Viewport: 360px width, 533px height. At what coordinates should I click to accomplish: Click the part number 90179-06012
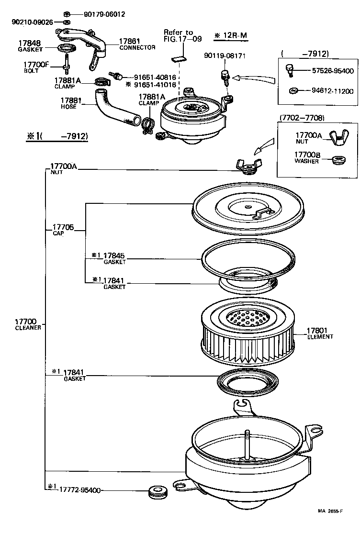(104, 14)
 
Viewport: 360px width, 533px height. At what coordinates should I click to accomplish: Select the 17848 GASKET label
(30, 46)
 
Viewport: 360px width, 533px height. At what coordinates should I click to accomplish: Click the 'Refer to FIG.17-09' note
(178, 36)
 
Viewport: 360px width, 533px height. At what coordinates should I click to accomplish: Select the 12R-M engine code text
(231, 35)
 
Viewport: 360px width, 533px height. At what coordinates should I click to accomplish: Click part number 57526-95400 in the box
(333, 71)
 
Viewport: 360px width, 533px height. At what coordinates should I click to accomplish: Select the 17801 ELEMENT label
(320, 333)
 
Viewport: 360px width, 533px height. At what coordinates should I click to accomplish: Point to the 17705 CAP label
(63, 229)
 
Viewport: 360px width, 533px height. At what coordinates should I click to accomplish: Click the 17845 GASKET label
(113, 258)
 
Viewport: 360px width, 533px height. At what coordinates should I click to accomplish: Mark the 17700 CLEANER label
(28, 325)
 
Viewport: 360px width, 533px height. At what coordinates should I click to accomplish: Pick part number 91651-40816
(155, 77)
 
